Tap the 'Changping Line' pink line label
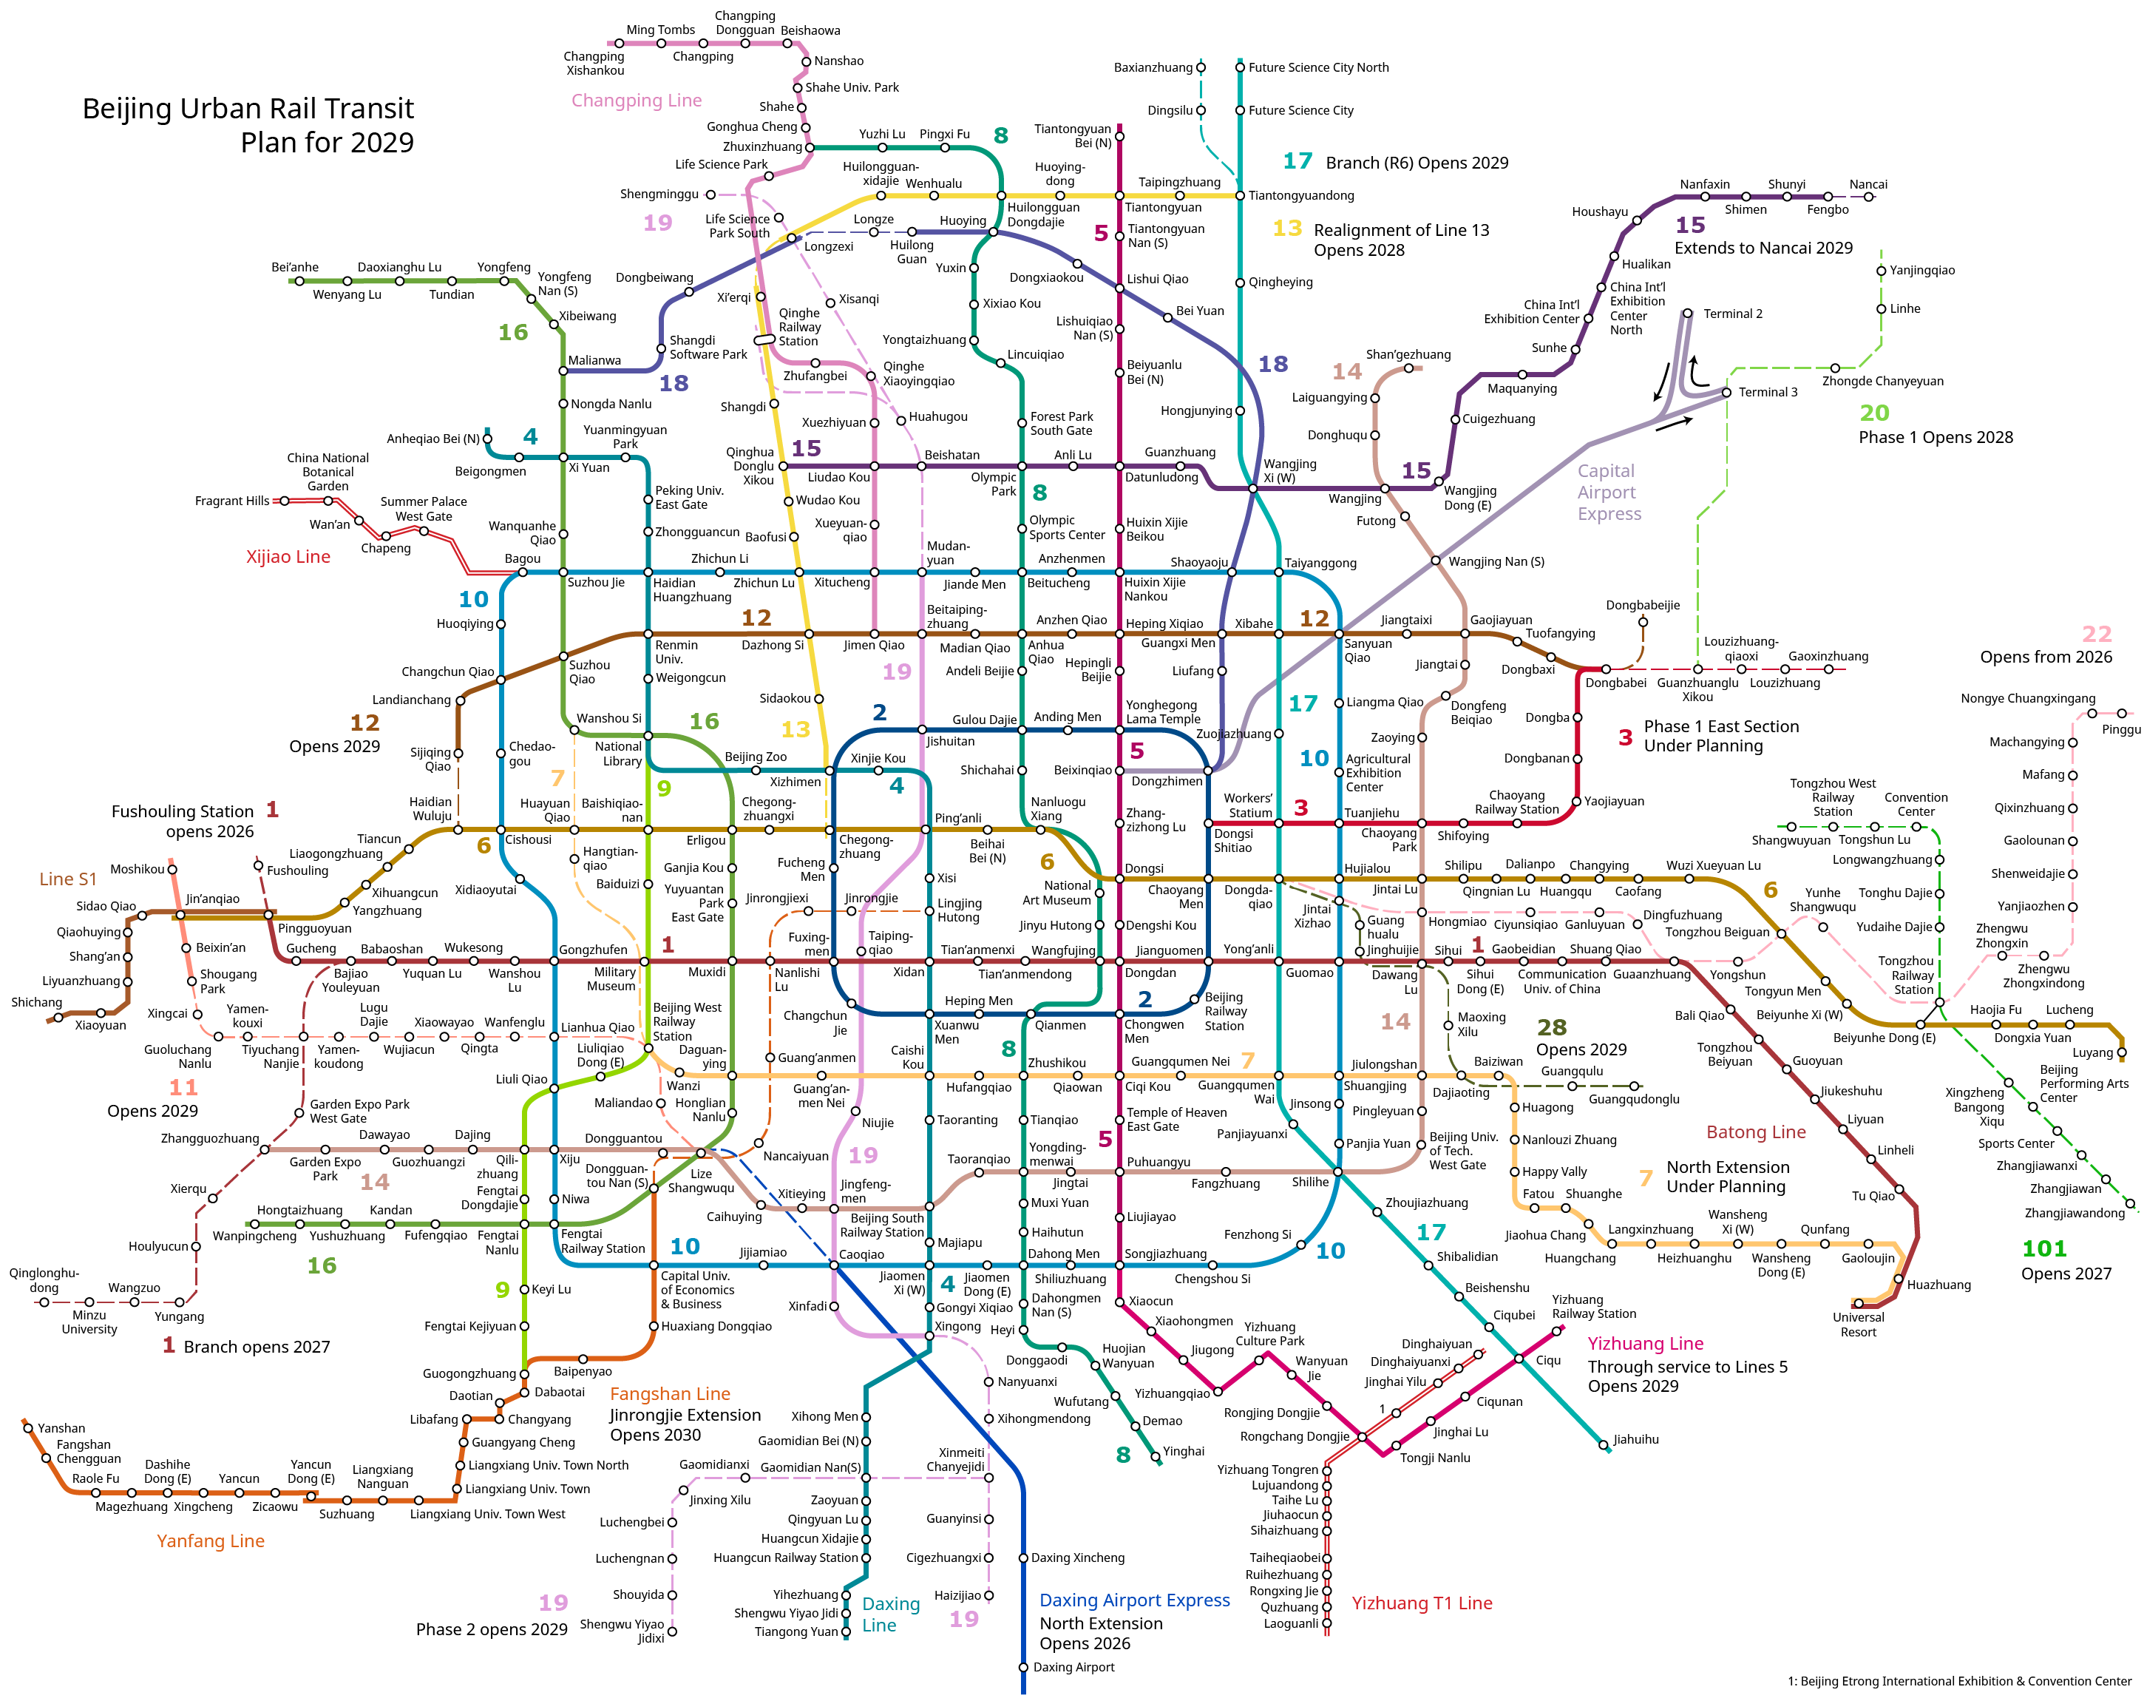637,101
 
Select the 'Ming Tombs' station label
660,30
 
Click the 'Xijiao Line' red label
288,557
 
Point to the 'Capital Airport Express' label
1609,493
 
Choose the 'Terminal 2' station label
1732,314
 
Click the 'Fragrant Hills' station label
231,501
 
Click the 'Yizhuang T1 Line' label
1421,1603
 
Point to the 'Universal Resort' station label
1858,1325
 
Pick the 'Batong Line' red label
1756,1132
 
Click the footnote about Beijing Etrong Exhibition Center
1959,1682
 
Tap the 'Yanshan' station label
61,1428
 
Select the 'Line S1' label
67,879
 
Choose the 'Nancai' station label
1868,185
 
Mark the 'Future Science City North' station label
1319,67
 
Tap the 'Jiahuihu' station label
1636,1439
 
